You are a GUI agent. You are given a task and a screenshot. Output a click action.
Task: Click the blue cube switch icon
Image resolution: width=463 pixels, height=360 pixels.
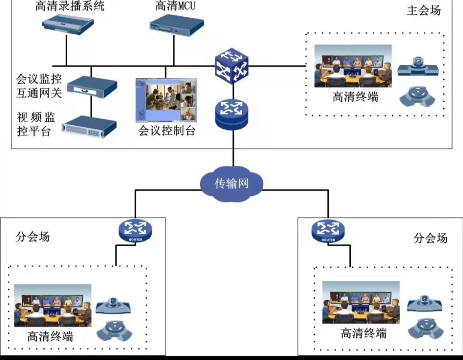pos(231,66)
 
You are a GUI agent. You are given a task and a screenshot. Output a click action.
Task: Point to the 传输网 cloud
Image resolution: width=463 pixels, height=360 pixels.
pos(231,184)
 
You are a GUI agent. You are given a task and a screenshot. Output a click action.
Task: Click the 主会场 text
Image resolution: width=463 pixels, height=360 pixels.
pos(424,11)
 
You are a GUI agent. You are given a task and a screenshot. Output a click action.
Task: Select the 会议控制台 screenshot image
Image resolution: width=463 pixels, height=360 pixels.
pos(166,100)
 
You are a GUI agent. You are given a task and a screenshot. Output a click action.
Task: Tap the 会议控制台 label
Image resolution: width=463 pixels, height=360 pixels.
pos(167,130)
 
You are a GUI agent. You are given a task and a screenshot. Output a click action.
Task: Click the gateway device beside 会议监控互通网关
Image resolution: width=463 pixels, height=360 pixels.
pos(92,86)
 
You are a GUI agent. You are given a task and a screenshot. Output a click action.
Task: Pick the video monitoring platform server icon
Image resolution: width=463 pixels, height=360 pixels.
pos(89,127)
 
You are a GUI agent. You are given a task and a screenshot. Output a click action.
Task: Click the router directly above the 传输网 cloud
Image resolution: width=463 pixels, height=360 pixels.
pos(231,114)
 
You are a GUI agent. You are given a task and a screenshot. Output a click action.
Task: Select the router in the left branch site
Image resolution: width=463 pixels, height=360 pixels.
pos(135,230)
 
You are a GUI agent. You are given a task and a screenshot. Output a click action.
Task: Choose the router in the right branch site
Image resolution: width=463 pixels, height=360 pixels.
pos(328,230)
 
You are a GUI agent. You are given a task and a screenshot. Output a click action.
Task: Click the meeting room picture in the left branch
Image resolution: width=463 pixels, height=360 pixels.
pos(53,305)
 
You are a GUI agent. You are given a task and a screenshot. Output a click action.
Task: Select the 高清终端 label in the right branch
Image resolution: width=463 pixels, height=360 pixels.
pos(364,333)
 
